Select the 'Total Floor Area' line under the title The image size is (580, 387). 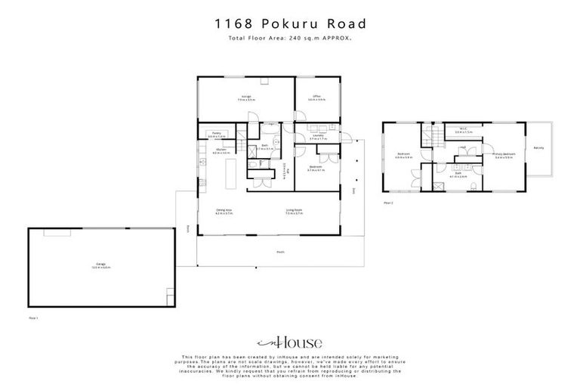click(289, 37)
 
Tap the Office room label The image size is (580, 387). click(319, 98)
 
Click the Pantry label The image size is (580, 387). click(215, 133)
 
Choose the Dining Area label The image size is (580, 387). click(224, 212)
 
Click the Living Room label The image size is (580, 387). click(294, 212)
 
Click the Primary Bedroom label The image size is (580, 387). click(504, 155)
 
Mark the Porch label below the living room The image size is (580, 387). click(280, 252)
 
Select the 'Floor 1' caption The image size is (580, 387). click(33, 318)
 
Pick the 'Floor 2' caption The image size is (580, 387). click(388, 203)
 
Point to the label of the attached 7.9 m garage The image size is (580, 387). click(246, 98)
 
